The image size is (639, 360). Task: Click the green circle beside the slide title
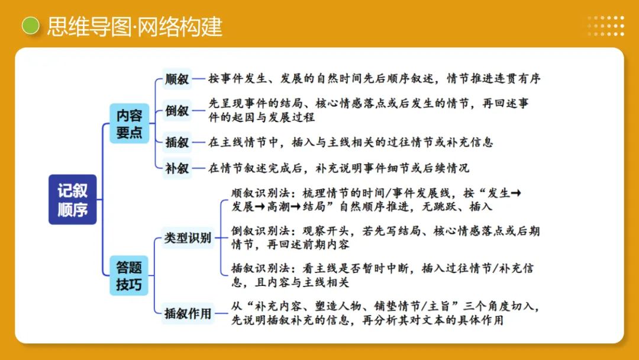[x=30, y=26]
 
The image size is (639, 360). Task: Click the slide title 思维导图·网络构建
[x=135, y=27]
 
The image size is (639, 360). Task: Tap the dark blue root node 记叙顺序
[x=72, y=200]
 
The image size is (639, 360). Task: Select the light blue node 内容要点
[x=129, y=123]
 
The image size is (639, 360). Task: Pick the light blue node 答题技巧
[x=129, y=276]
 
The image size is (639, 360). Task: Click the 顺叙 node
[x=177, y=79]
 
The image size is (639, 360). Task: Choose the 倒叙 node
[x=177, y=111]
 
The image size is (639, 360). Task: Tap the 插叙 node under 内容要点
[x=177, y=142]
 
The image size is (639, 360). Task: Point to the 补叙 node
[x=177, y=168]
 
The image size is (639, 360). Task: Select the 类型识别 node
[x=188, y=239]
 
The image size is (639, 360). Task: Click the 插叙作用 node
[x=188, y=313]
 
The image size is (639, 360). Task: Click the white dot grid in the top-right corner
[x=606, y=26]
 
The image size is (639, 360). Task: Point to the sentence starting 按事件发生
[x=374, y=79]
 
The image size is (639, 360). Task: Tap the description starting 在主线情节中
[x=350, y=142]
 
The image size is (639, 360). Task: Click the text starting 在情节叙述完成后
[x=338, y=168]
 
